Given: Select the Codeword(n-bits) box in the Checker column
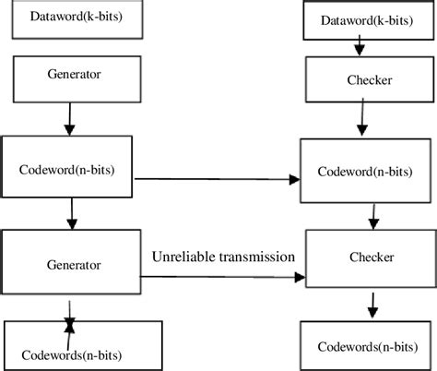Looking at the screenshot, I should click(x=365, y=172).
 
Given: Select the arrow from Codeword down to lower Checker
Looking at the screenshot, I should click(x=372, y=217).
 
